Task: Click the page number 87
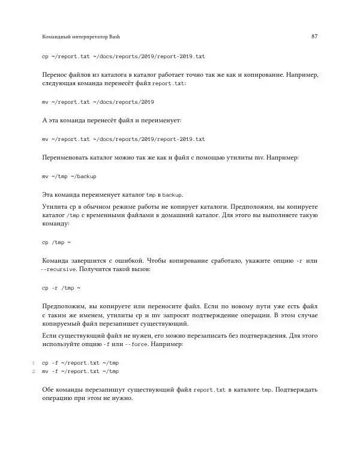[x=314, y=37]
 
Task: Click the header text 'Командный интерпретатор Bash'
[x=81, y=37]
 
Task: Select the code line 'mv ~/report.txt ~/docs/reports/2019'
[x=98, y=102]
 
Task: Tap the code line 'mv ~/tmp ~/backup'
[x=69, y=177]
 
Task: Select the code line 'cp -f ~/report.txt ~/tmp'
[x=80, y=363]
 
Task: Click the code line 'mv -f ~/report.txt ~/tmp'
[x=80, y=371]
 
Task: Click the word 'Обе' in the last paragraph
[x=49, y=390]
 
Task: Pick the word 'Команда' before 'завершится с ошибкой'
[x=57, y=261]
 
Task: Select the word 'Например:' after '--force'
[x=169, y=345]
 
